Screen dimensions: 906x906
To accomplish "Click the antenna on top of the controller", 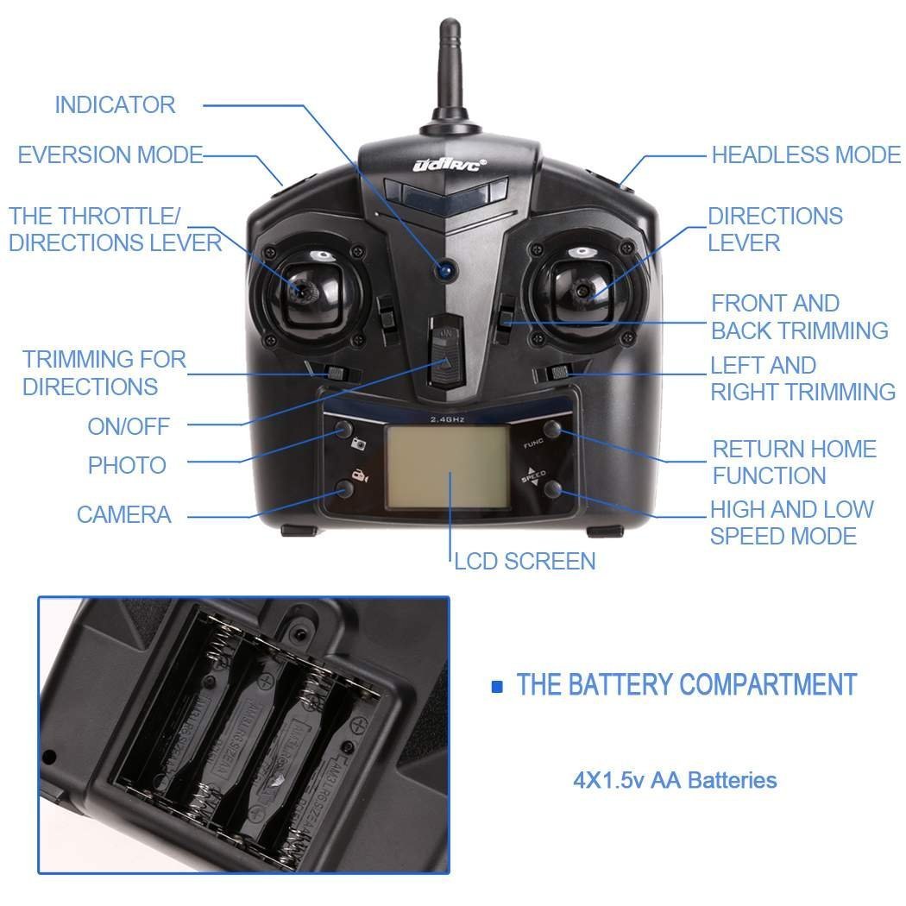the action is pyautogui.click(x=450, y=78).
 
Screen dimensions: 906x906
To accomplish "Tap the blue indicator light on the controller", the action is pyautogui.click(x=445, y=269).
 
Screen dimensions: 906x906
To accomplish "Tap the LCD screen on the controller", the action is pyautogui.click(x=446, y=466).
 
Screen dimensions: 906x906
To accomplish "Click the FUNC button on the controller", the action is pyautogui.click(x=553, y=428).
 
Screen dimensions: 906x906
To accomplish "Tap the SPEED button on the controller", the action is pyautogui.click(x=553, y=491).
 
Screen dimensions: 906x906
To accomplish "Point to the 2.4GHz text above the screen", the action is pyautogui.click(x=447, y=419).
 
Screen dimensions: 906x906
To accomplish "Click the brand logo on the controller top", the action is pyautogui.click(x=450, y=164).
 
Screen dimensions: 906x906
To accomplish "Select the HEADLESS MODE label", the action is pyautogui.click(x=806, y=155).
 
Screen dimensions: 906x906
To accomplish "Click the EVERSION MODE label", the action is pyautogui.click(x=110, y=155).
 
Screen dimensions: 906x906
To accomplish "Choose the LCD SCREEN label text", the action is pyautogui.click(x=525, y=562).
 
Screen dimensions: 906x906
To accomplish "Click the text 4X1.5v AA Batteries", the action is pyautogui.click(x=675, y=781).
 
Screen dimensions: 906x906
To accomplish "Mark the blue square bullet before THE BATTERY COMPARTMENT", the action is pyautogui.click(x=496, y=687).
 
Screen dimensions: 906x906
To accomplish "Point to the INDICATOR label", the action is pyautogui.click(x=115, y=105).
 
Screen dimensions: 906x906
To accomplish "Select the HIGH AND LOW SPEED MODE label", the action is pyautogui.click(x=791, y=523).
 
